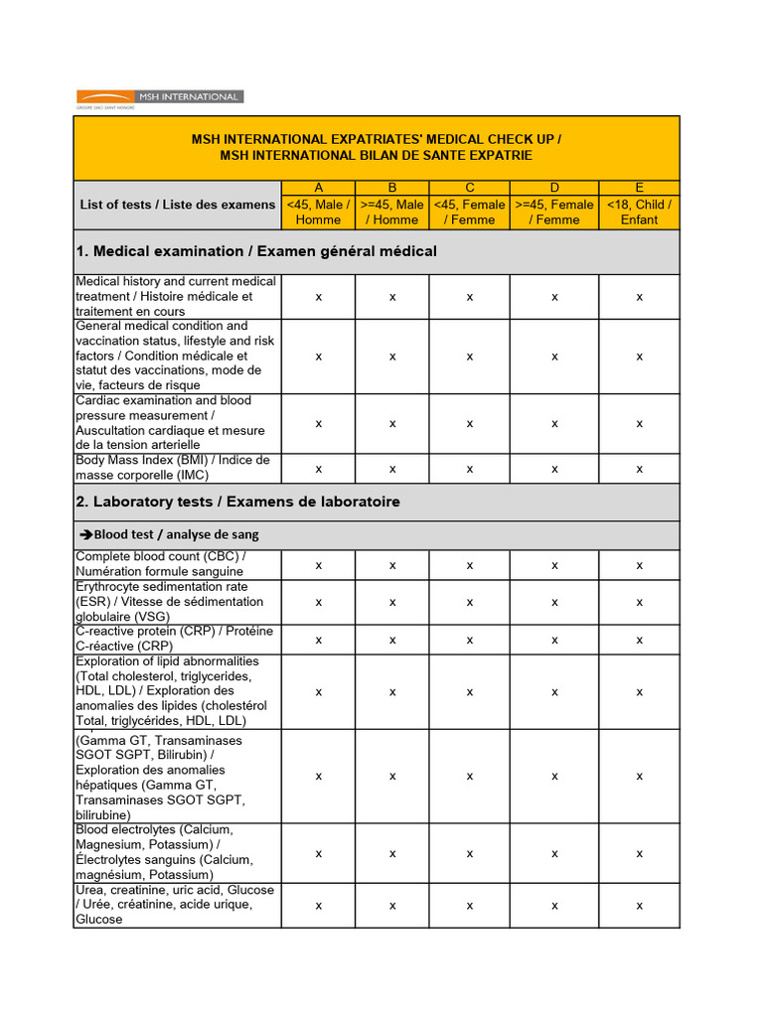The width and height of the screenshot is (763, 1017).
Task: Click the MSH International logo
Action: [x=160, y=97]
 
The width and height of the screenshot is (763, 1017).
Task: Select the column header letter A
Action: [x=318, y=188]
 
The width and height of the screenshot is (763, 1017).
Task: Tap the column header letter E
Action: [x=639, y=188]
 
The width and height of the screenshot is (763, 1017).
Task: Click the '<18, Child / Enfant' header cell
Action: [x=639, y=212]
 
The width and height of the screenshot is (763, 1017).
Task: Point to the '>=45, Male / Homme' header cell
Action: [x=392, y=212]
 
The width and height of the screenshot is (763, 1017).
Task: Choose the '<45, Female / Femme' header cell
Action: [x=469, y=212]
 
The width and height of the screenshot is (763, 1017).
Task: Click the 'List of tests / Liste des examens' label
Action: [x=178, y=205]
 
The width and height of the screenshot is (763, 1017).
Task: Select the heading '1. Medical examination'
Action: [x=256, y=251]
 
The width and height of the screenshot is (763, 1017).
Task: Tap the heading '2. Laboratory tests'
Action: [x=237, y=502]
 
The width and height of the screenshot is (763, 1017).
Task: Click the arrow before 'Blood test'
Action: [x=85, y=534]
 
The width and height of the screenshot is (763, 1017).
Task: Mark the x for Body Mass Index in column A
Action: [x=318, y=468]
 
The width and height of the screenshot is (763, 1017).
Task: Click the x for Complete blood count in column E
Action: [x=639, y=564]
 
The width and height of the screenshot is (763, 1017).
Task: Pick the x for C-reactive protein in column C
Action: [x=469, y=639]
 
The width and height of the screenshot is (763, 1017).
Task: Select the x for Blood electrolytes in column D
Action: [x=554, y=852]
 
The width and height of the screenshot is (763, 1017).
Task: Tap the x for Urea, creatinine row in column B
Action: [x=392, y=905]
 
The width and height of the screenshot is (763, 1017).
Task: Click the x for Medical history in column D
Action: [x=554, y=296]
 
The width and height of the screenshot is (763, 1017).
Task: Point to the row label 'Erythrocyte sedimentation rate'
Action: [x=169, y=601]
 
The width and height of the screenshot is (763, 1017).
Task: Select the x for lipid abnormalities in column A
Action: [x=318, y=690]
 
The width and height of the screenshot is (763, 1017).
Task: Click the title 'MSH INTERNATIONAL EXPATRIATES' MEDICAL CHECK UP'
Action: [x=376, y=140]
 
